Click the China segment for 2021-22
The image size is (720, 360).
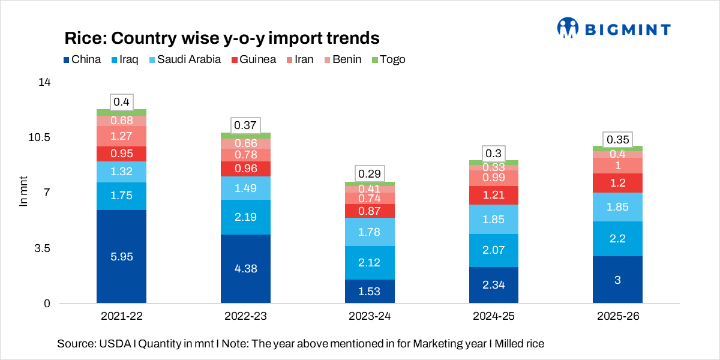point(121,256)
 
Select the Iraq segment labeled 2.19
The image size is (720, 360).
point(245,217)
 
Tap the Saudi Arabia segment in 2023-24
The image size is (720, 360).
point(370,232)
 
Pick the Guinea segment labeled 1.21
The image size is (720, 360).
point(494,195)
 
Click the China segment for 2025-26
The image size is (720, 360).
point(617,280)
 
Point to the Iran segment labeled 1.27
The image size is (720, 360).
point(121,136)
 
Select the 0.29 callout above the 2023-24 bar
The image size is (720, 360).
point(370,174)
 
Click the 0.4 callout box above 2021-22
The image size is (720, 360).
point(121,102)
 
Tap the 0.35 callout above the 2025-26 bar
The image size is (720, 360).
point(617,140)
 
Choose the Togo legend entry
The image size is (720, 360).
point(389,59)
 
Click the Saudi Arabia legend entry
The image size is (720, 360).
point(184,59)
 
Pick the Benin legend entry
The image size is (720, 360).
point(343,59)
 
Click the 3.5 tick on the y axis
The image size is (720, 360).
point(40,248)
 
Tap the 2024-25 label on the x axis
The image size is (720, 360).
point(494,316)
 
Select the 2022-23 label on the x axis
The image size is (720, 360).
point(245,316)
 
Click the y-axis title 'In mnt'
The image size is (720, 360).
point(24,193)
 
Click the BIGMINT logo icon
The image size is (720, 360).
point(567,27)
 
